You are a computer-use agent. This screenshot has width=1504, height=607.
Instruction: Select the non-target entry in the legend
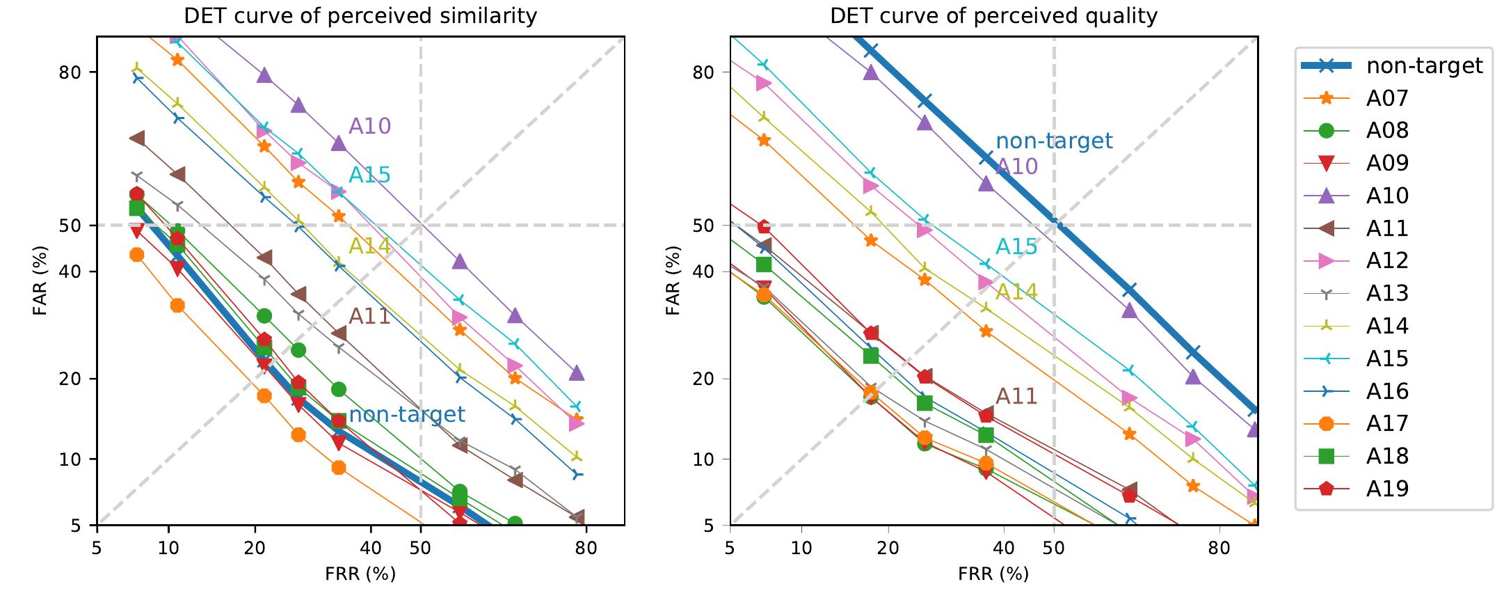click(x=1424, y=65)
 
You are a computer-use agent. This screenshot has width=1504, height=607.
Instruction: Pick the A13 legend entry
click(x=1387, y=293)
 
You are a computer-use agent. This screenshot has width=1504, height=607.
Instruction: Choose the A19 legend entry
click(x=1387, y=488)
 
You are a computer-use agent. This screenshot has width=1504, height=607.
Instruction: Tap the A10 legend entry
click(x=1387, y=196)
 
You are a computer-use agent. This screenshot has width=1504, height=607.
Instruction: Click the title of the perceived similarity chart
click(x=360, y=16)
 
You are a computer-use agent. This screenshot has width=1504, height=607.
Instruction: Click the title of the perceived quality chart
click(x=993, y=16)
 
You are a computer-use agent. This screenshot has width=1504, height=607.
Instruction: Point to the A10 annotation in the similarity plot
click(x=369, y=126)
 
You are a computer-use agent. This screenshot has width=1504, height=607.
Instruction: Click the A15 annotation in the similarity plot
click(x=369, y=175)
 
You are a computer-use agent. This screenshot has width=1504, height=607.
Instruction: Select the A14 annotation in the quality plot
click(x=1016, y=292)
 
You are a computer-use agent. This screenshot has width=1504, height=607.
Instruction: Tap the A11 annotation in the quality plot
click(x=1016, y=396)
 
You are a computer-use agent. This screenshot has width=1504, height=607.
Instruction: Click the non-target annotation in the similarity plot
click(x=406, y=414)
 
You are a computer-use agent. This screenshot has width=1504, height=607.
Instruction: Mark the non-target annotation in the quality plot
click(x=1054, y=141)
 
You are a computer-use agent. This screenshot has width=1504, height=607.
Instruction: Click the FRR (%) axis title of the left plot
click(x=360, y=574)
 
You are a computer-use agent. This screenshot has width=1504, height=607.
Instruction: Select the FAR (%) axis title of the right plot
click(x=673, y=281)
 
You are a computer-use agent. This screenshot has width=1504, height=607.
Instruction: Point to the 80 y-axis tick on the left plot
click(x=74, y=72)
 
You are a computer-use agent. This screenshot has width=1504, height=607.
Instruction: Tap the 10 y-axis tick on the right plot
click(x=707, y=459)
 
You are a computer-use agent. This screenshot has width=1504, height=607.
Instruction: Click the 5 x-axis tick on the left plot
click(x=97, y=548)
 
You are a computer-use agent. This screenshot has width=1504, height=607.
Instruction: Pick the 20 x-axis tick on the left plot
click(x=255, y=548)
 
